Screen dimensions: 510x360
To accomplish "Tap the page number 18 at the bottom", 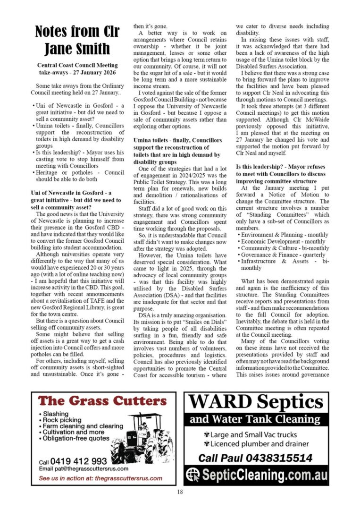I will point(180,492).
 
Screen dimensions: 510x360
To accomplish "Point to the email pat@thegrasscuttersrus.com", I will point(84,469).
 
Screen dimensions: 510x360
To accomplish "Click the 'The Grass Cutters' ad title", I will point(102,401).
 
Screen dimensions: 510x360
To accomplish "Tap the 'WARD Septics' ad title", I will point(256,402).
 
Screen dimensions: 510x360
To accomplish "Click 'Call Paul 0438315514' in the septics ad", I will point(255,458).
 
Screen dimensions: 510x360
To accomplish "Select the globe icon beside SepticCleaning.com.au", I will point(193,475).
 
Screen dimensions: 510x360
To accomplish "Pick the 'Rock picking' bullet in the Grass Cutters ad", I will point(62,420).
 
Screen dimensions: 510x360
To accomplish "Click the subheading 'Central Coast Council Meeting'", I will point(73,65).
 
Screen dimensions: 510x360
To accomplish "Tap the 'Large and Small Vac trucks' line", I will point(251,434).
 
